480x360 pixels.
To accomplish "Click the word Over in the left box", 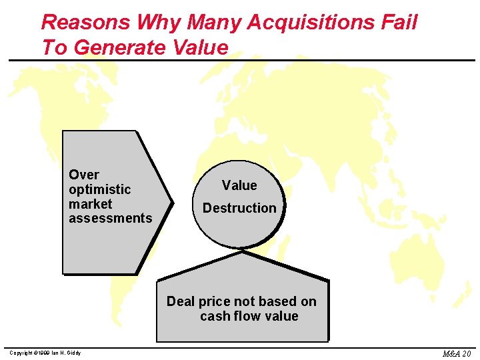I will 84,175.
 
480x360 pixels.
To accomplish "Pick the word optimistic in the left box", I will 100,189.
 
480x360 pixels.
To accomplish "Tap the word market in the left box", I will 91,204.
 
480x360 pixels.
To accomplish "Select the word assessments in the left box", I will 111,218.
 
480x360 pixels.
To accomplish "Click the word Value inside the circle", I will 239,185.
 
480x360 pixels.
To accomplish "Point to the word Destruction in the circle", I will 239,208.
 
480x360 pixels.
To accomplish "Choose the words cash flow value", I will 249,316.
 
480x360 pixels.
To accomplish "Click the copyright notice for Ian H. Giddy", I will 45,353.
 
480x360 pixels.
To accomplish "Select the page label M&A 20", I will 457,353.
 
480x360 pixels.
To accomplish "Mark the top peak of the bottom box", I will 242,253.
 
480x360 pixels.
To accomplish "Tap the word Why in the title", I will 160,23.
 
